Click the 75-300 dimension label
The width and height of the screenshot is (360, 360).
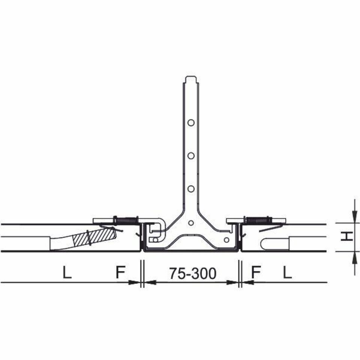pos(193,273)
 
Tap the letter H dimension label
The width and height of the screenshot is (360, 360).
pos(347,236)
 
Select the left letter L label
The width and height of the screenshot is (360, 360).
pos(67,272)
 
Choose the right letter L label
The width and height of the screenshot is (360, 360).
pos(287,272)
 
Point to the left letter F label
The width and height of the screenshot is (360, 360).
pos(120,272)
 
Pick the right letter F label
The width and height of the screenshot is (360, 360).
pos(256,272)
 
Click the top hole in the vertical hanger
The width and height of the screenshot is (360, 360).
pos(191,122)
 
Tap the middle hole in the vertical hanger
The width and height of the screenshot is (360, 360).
pos(191,156)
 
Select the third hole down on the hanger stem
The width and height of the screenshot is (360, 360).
pos(191,189)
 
